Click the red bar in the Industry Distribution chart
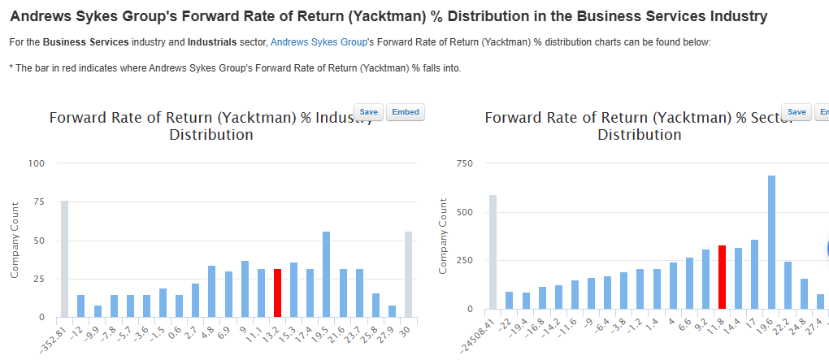pyautogui.click(x=277, y=293)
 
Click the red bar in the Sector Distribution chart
pyautogui.click(x=722, y=277)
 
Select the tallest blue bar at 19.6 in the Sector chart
pyautogui.click(x=771, y=242)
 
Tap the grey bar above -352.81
pyautogui.click(x=64, y=258)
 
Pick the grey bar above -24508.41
pyautogui.click(x=493, y=252)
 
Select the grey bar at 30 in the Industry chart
pyautogui.click(x=408, y=274)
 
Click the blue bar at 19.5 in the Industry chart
pyautogui.click(x=326, y=274)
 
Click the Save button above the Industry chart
pyautogui.click(x=368, y=112)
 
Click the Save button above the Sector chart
pyautogui.click(x=796, y=112)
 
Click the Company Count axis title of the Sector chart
pyautogui.click(x=444, y=236)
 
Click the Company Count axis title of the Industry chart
pyautogui.click(x=15, y=240)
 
